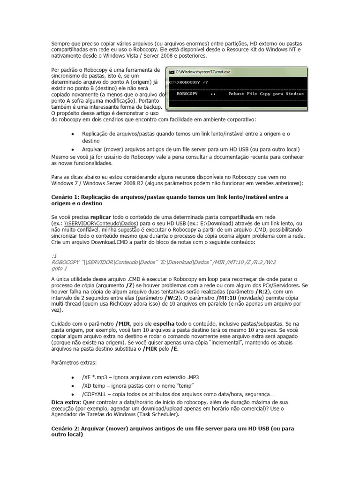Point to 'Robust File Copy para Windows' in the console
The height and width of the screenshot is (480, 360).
[266, 94]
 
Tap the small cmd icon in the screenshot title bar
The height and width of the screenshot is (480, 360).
[172, 72]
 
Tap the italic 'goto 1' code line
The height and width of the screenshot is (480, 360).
[59, 269]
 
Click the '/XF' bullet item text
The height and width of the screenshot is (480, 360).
[87, 377]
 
